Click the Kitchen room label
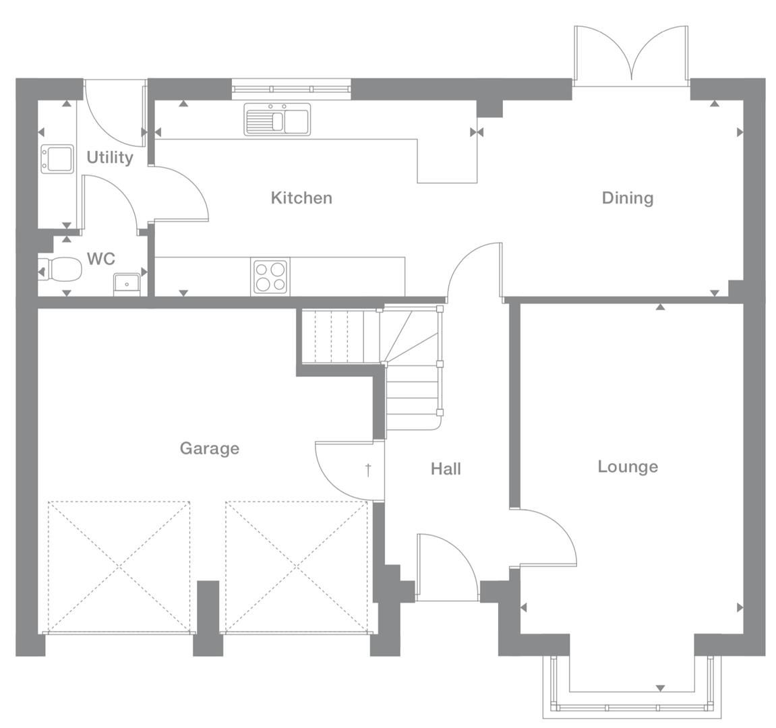click(x=301, y=198)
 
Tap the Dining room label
click(x=627, y=198)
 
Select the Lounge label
click(x=628, y=466)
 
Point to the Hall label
click(x=446, y=468)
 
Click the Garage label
click(x=209, y=448)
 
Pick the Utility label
click(x=110, y=157)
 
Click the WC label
click(x=101, y=259)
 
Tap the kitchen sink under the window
click(x=277, y=120)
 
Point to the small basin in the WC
click(x=126, y=284)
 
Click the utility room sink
click(x=57, y=158)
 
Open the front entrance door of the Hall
click(x=447, y=566)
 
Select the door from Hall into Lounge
click(x=546, y=536)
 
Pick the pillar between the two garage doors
click(x=208, y=617)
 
